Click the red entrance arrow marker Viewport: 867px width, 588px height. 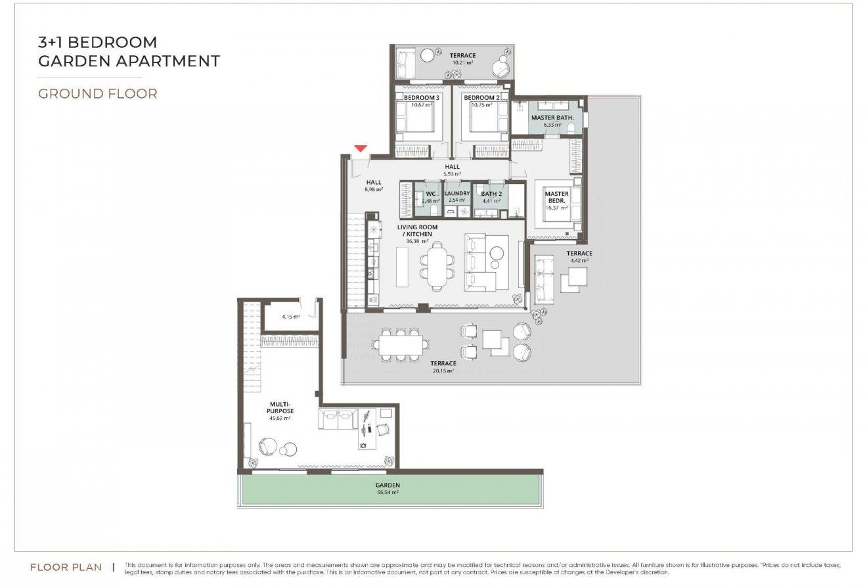coord(360,148)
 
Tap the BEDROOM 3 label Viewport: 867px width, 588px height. coord(421,97)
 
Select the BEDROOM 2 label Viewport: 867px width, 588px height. coord(481,97)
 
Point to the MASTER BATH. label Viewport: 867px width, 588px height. coord(552,118)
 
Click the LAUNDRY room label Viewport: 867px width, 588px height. coord(456,194)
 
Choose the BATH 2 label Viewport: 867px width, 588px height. coord(491,194)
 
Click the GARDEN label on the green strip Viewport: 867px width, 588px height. coord(388,486)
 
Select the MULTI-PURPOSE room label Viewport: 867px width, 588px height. coord(280,407)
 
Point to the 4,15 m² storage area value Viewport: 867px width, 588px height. coord(291,317)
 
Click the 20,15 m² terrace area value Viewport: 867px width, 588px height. coord(443,371)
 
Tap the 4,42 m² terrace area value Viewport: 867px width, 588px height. coord(579,261)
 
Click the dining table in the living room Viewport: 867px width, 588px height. coord(435,265)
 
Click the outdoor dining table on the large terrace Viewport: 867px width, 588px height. coord(399,344)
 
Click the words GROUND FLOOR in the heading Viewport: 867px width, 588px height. coord(97,93)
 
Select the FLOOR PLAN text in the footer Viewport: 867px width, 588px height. coord(66,567)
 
